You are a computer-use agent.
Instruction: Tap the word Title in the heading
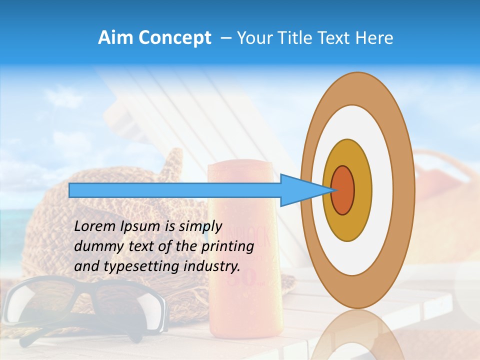(x=293, y=38)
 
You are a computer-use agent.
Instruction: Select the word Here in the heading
(x=374, y=38)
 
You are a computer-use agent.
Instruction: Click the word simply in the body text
(x=199, y=226)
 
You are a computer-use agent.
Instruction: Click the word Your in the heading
(x=254, y=38)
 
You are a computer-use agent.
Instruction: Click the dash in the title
(x=226, y=38)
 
